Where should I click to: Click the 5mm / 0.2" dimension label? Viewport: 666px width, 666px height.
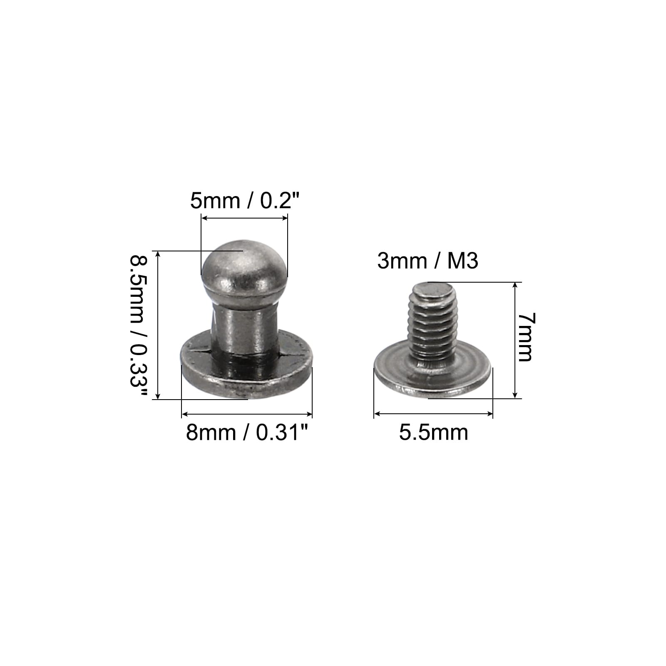[x=245, y=201]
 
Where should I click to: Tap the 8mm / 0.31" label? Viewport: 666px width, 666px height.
[x=249, y=432]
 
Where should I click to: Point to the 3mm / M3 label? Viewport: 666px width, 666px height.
[x=427, y=261]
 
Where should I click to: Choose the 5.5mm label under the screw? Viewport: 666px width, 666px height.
[x=434, y=432]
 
